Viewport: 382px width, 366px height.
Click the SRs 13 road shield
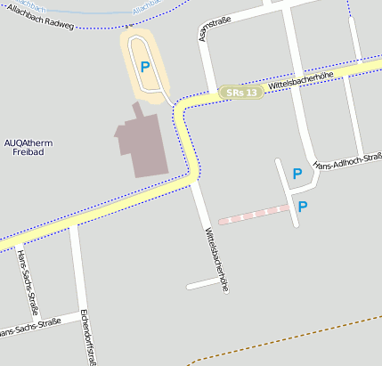tap(241, 92)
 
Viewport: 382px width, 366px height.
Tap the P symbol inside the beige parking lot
tap(145, 67)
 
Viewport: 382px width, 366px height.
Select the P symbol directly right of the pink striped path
tap(303, 207)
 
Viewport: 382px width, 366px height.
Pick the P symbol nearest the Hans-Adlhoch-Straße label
tap(297, 175)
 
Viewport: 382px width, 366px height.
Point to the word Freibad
tap(28, 152)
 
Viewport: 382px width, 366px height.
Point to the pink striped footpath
tap(253, 214)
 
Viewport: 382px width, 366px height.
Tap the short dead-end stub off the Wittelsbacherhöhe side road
tap(202, 284)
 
